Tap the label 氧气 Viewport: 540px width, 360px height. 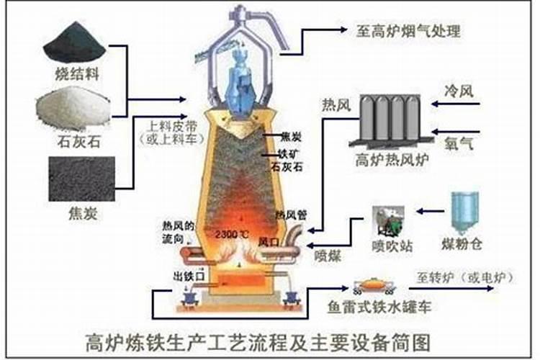460,145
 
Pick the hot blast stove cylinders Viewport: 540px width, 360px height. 391,117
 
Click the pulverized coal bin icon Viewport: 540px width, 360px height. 465,210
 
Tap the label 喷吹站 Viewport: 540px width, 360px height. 392,246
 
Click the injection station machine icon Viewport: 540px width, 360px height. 390,220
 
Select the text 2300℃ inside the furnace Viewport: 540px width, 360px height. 232,235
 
